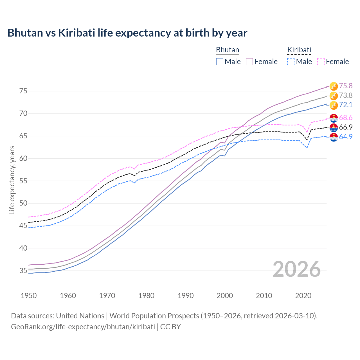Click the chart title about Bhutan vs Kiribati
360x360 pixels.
[x=127, y=33]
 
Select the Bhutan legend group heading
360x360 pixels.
[x=227, y=50]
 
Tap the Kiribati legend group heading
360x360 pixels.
[x=299, y=50]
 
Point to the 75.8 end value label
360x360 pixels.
[x=346, y=86]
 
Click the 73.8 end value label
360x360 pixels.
[x=346, y=95]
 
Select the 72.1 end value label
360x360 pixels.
[x=346, y=105]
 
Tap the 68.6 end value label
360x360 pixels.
[x=346, y=118]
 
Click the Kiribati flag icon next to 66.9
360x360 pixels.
[x=334, y=127]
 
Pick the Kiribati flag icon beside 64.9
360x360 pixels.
[x=334, y=137]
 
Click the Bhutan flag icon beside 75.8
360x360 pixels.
[x=334, y=86]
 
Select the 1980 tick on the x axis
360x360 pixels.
[x=146, y=296]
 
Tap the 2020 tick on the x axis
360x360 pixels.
[x=303, y=296]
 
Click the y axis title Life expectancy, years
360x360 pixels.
[x=12, y=180]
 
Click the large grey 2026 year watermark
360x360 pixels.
[x=296, y=269]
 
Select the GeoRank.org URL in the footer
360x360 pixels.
[x=83, y=327]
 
